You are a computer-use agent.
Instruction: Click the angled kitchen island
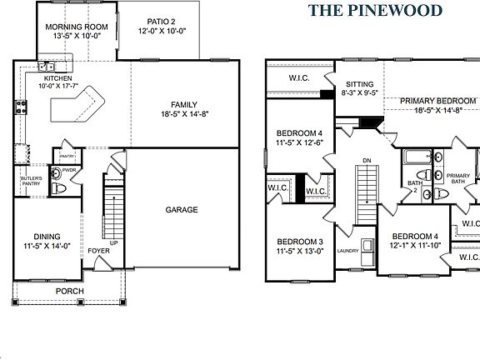point(76,106)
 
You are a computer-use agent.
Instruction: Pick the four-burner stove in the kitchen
point(18,106)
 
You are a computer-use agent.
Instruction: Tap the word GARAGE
point(181,210)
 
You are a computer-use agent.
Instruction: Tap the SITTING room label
point(359,84)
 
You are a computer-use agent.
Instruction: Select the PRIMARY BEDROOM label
point(437,102)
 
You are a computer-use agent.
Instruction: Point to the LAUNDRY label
point(347,250)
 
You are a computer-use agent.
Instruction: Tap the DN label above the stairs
point(367,160)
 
